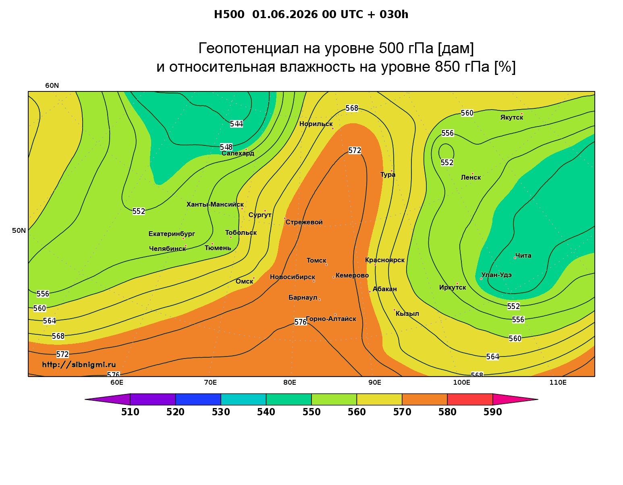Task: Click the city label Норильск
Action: (316, 124)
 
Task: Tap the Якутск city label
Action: (511, 118)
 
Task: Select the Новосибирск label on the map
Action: (293, 277)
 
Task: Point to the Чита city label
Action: (523, 255)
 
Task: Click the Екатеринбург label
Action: (172, 234)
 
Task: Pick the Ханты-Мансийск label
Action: (215, 205)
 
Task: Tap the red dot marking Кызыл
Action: (395, 310)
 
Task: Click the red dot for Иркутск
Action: (457, 284)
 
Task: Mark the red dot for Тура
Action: (392, 171)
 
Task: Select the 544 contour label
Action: (237, 124)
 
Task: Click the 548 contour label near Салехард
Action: (226, 147)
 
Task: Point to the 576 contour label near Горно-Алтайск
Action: (301, 322)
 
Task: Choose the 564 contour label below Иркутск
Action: (493, 356)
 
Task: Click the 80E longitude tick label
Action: (290, 383)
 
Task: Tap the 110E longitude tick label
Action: (558, 383)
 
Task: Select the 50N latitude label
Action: (19, 230)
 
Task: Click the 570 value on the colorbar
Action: (402, 412)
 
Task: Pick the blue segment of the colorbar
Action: (198, 399)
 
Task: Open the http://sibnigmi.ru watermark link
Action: (79, 365)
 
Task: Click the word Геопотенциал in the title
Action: (249, 48)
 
